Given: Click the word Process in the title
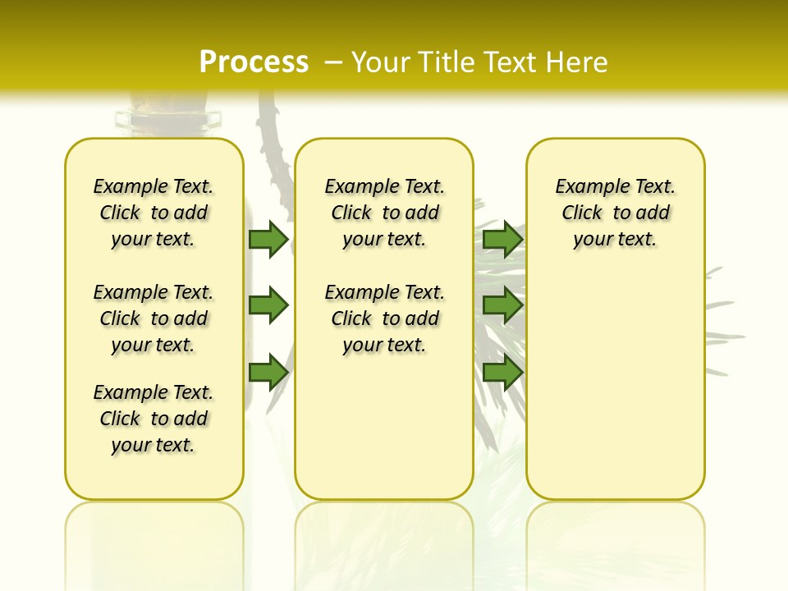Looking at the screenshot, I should coord(254,62).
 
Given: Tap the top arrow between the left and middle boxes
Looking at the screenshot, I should coord(268,239).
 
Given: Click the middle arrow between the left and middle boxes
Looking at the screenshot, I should coord(268,305).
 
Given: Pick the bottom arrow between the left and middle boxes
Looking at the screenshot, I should coord(268,372).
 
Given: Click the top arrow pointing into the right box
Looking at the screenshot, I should coord(502,239).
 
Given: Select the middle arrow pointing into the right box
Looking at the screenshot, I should coord(502,305).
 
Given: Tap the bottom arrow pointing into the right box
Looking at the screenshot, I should coord(502,372).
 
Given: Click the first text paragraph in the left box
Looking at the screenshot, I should coord(153,213).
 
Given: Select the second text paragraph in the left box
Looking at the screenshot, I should coord(153,318).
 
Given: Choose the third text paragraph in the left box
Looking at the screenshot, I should coord(153,419).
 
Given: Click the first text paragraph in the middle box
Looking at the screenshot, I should coord(384,213).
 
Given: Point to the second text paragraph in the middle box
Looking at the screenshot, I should coord(384,318).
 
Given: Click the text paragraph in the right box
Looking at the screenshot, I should coord(615,213).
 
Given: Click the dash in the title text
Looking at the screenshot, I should coord(334,62).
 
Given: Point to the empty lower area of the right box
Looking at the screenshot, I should coord(615,394).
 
